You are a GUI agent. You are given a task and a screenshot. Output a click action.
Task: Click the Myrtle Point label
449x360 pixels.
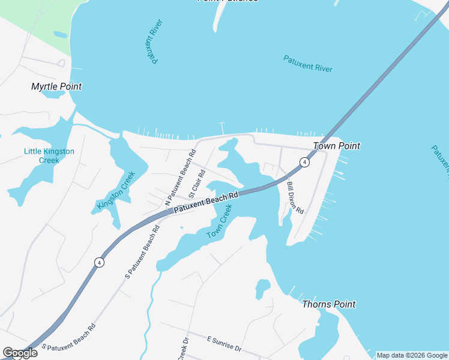tap(56, 86)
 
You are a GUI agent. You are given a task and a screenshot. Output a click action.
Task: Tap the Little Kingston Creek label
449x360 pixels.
tap(49, 155)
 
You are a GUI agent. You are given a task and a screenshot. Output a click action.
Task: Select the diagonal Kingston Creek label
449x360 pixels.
tap(116, 191)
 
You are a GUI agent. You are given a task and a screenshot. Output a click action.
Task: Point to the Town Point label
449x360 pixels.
tap(336, 146)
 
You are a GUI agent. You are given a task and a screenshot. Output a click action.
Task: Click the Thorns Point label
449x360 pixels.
tap(328, 304)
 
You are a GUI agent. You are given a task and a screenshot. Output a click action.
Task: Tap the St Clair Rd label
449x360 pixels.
tap(197, 184)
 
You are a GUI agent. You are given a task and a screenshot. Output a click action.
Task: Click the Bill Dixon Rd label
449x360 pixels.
tap(295, 198)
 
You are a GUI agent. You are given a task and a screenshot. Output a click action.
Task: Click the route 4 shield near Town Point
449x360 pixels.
tap(305, 163)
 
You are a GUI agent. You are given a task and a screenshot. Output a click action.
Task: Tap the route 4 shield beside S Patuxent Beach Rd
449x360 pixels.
tap(98, 262)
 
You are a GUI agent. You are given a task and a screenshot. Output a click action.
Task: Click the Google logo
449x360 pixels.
tap(20, 353)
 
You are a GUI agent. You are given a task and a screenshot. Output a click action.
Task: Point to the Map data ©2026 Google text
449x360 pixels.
tap(412, 355)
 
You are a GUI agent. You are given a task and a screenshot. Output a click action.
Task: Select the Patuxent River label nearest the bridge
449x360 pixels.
tap(308, 63)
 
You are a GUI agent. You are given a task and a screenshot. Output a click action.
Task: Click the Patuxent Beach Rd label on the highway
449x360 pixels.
tap(206, 203)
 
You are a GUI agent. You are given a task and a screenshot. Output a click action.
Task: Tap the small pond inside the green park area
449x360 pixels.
tap(60, 35)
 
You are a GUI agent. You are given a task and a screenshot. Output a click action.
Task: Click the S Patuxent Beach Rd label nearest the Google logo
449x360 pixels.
tap(68, 338)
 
